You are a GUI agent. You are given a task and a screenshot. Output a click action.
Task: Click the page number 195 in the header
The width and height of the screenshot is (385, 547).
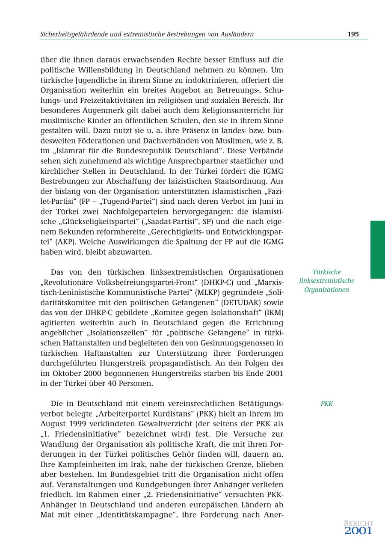pos(353,34)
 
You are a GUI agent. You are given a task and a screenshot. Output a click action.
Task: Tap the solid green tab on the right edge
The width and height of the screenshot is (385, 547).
pos(377,250)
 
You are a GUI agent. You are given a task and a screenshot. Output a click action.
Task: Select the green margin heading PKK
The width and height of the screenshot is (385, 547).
pos(326,404)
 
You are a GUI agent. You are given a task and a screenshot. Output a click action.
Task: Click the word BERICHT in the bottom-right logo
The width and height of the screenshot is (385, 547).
pos(358,523)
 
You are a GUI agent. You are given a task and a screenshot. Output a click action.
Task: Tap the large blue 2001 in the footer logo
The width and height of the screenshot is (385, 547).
pos(358,531)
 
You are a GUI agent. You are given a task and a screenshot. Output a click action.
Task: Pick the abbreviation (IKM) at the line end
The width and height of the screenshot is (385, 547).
pos(273,312)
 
